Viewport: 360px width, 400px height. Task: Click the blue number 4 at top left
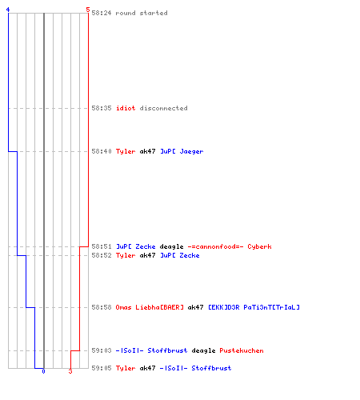[x=8, y=10]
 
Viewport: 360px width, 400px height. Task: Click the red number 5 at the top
[x=88, y=10]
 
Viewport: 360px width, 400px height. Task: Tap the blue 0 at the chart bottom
[x=43, y=371]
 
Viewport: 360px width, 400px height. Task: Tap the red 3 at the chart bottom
[x=70, y=371]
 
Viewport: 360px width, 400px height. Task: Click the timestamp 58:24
[x=102, y=13]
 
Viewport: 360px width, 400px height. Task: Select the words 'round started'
[x=142, y=13]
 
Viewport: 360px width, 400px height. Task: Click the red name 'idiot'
[x=126, y=108]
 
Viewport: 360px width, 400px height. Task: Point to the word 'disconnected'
[x=163, y=108]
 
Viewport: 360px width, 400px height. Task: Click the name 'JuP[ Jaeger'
[x=182, y=151]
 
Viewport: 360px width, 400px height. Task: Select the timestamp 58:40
[x=102, y=151]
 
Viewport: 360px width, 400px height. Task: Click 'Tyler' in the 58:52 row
[x=126, y=255]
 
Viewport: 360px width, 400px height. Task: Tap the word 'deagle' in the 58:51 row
[x=171, y=246]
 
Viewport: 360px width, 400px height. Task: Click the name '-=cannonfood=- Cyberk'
[x=230, y=246]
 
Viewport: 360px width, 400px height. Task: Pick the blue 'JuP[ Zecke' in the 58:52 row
[x=180, y=255]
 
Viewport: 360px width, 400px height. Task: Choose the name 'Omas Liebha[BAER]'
[x=150, y=307]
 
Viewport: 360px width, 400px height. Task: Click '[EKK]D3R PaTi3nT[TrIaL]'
[x=254, y=307]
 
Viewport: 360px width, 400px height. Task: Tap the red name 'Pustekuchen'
[x=242, y=350]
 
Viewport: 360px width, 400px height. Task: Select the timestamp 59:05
[x=102, y=368]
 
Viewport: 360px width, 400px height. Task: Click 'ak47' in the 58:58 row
[x=196, y=307]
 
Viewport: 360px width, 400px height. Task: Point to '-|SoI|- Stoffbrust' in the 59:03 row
[x=151, y=350]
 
